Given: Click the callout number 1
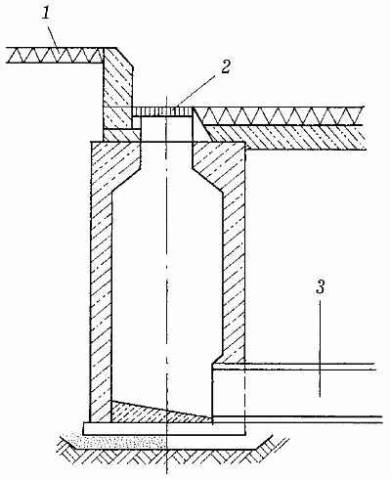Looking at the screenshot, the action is [x=47, y=12].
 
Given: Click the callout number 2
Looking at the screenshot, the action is [x=226, y=66].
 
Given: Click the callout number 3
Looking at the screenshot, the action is [x=321, y=287].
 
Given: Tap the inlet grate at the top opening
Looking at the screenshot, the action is [x=162, y=111].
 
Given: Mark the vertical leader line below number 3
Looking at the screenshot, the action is [x=320, y=348].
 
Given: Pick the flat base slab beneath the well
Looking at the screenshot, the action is [x=164, y=428].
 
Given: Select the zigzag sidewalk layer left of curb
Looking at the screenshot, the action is [x=56, y=55].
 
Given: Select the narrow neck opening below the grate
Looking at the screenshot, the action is [x=166, y=129].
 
